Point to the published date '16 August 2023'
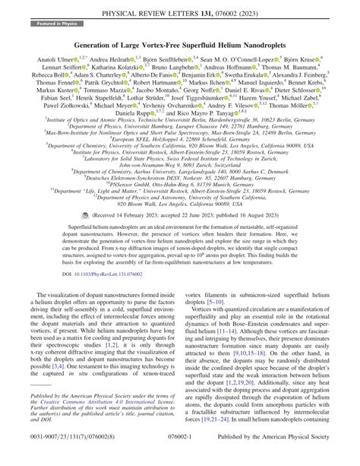pyautogui.click(x=272, y=226)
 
